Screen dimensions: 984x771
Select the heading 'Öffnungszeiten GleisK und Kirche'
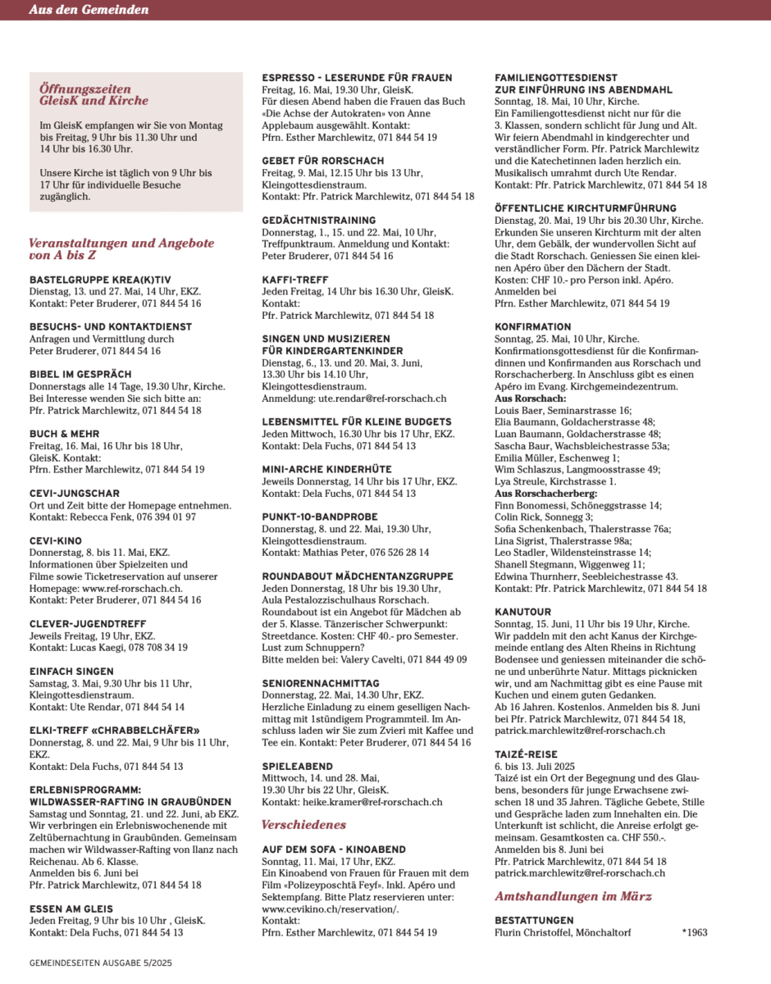coord(94,93)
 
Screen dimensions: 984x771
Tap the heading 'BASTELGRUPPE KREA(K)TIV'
coord(100,280)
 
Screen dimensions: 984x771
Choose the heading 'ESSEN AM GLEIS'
coord(71,909)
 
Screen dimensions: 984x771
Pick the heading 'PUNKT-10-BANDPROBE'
coord(320,517)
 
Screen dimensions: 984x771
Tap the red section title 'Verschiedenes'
coord(303,824)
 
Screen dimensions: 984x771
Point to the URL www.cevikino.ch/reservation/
coord(330,909)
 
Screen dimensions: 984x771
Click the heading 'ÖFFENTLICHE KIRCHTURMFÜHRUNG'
coord(596,208)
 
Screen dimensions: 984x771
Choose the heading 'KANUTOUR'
coord(522,612)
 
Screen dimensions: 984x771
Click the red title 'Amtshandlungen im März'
coord(573,896)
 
